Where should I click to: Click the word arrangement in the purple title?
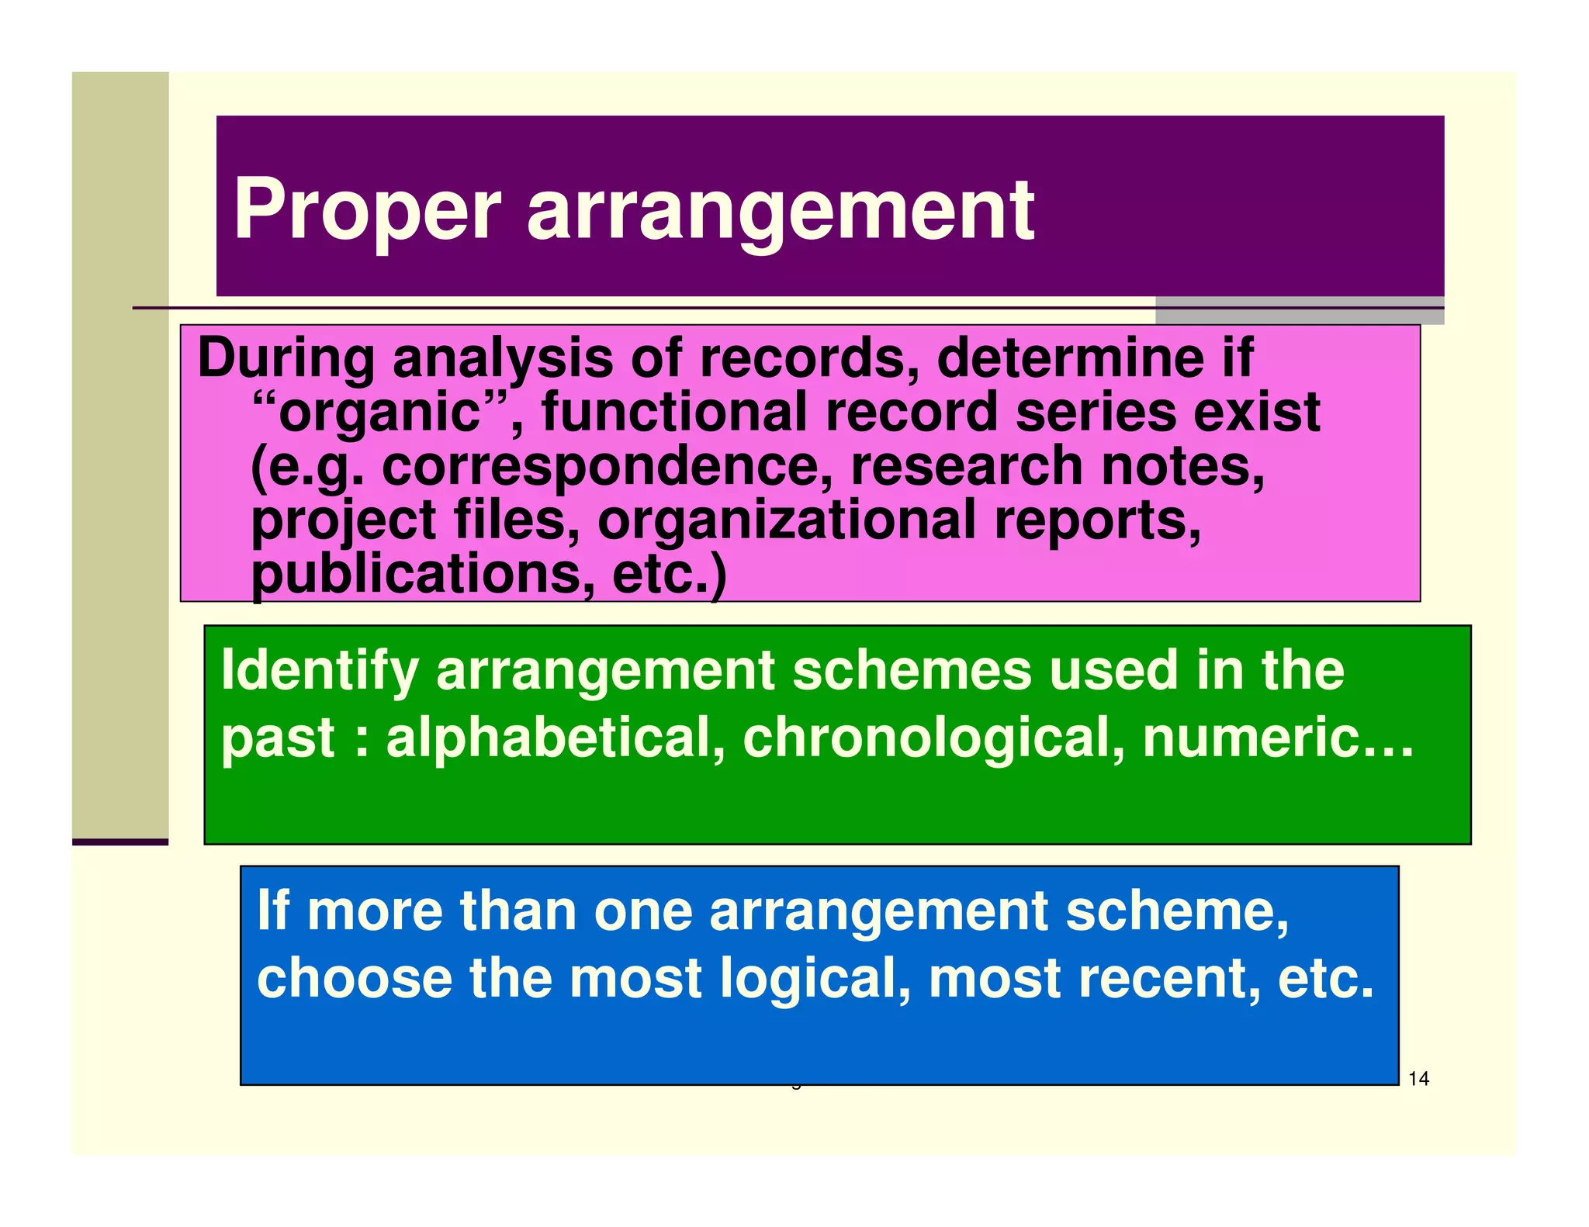[x=780, y=211]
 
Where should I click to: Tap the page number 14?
[x=1418, y=1078]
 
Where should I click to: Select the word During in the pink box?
[x=286, y=358]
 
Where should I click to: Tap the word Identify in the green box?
[x=320, y=670]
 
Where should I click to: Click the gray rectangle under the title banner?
[x=1300, y=311]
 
